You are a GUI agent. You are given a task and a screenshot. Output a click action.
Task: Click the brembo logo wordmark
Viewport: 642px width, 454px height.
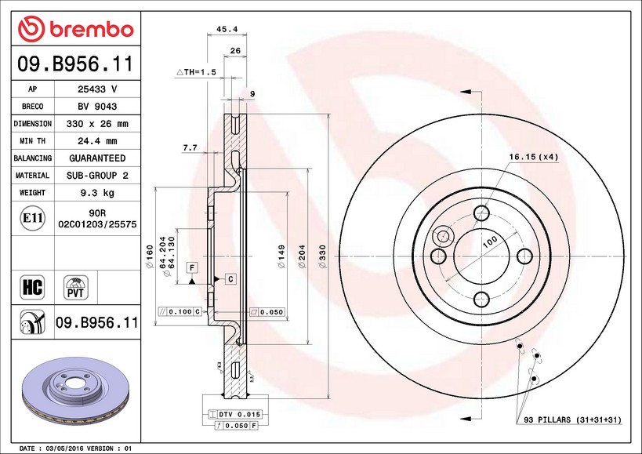point(92,30)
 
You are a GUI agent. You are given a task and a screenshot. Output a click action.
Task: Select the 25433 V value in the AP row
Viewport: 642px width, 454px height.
point(97,89)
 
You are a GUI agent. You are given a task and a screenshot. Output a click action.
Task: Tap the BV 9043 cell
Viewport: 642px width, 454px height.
point(97,107)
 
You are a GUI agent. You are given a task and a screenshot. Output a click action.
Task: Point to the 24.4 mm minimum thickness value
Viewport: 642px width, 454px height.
point(97,141)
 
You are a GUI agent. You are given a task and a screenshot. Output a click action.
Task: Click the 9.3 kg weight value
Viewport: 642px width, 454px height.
point(97,193)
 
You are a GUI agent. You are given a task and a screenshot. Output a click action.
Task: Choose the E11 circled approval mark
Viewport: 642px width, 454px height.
point(33,218)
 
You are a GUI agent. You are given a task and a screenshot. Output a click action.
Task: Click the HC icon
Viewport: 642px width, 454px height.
point(32,287)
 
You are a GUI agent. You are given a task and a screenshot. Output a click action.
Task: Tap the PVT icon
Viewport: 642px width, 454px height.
point(76,288)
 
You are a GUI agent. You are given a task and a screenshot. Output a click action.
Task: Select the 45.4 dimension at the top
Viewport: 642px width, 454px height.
point(227,29)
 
